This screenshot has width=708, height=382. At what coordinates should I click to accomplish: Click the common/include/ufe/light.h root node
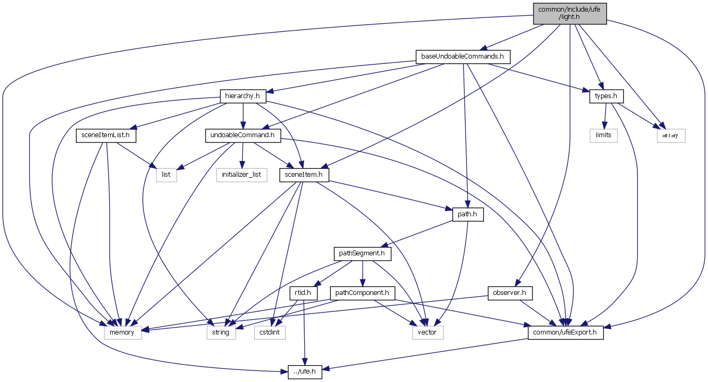[x=569, y=13]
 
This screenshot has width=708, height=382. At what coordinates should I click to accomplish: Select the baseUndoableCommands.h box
[x=463, y=56]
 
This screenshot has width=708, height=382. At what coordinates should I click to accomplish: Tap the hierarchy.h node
[x=243, y=97]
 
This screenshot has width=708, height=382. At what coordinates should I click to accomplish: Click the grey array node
[x=671, y=136]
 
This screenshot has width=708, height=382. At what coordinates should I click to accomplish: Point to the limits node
[x=603, y=136]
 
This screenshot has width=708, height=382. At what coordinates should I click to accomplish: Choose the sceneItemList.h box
[x=106, y=136]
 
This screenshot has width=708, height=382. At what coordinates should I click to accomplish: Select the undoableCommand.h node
[x=243, y=136]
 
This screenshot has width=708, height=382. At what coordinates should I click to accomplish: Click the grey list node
[x=166, y=175]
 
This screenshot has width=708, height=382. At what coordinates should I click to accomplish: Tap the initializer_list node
[x=242, y=175]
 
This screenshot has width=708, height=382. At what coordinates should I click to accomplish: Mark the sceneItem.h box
[x=304, y=175]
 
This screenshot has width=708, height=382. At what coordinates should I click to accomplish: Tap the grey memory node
[x=123, y=332]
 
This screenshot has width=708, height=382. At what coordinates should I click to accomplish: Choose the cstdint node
[x=269, y=332]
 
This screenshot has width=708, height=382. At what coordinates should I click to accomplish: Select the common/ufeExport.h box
[x=565, y=332]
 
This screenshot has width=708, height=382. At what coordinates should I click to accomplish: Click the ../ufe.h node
[x=305, y=372]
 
